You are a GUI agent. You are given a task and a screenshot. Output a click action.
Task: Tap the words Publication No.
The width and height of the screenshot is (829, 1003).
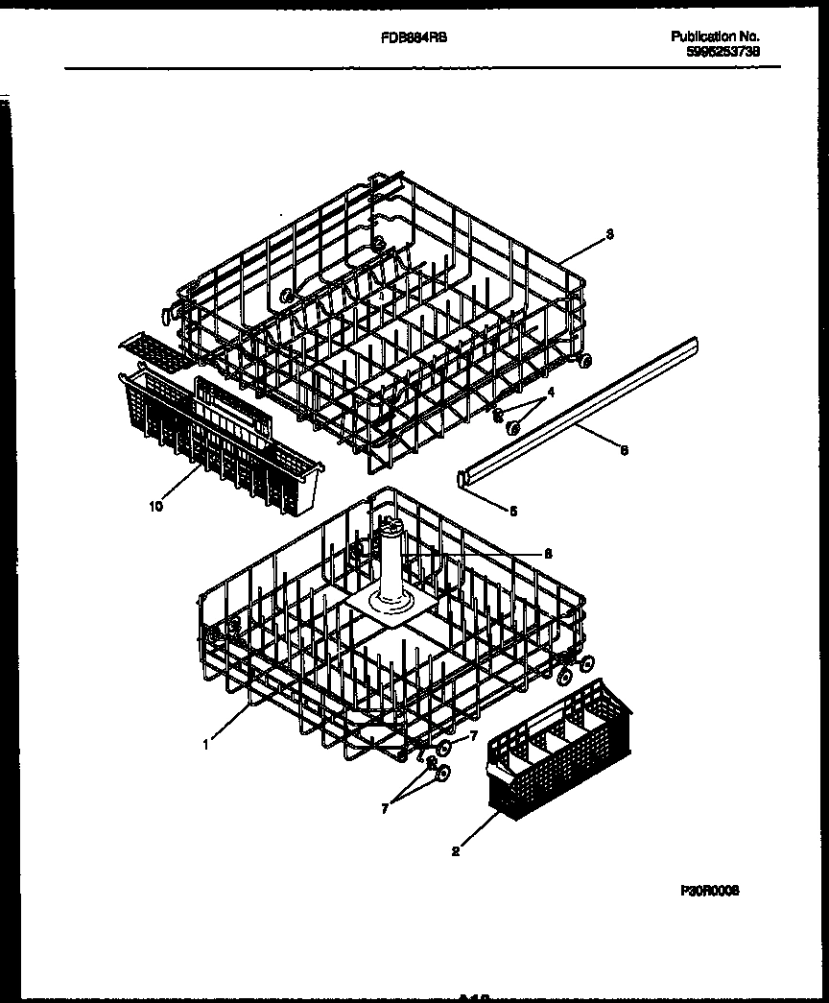715,36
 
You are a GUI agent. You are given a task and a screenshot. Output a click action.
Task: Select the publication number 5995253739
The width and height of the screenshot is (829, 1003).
722,54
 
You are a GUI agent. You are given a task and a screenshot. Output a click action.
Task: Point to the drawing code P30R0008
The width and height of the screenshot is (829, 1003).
711,890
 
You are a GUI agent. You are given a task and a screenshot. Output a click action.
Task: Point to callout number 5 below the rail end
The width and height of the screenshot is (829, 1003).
512,511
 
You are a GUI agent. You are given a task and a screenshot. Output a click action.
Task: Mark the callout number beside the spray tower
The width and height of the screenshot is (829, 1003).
548,553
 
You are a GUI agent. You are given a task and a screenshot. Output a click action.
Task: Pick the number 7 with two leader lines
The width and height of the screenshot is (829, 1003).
385,809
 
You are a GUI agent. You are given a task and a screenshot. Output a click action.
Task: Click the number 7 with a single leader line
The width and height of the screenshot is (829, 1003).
472,736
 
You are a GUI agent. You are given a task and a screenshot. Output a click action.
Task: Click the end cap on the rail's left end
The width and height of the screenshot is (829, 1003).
464,476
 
